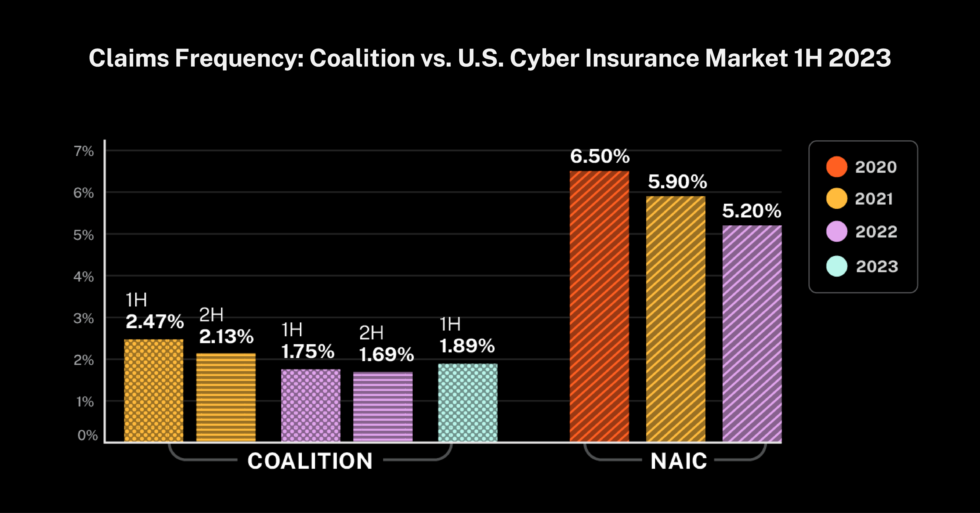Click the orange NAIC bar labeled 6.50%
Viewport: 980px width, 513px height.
click(599, 306)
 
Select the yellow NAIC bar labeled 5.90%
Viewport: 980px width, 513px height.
click(676, 319)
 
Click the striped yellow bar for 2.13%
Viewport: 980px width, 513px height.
click(226, 397)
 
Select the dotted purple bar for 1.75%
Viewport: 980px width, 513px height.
click(311, 405)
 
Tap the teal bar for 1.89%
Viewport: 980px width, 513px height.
click(468, 403)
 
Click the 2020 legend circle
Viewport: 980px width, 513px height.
click(837, 167)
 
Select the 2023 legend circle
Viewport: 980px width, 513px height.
click(837, 266)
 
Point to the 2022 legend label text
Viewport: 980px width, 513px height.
click(876, 232)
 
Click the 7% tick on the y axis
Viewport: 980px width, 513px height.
click(84, 151)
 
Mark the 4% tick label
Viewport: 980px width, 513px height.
click(84, 277)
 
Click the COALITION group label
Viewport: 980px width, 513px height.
click(310, 461)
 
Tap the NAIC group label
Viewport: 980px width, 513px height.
click(679, 461)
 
